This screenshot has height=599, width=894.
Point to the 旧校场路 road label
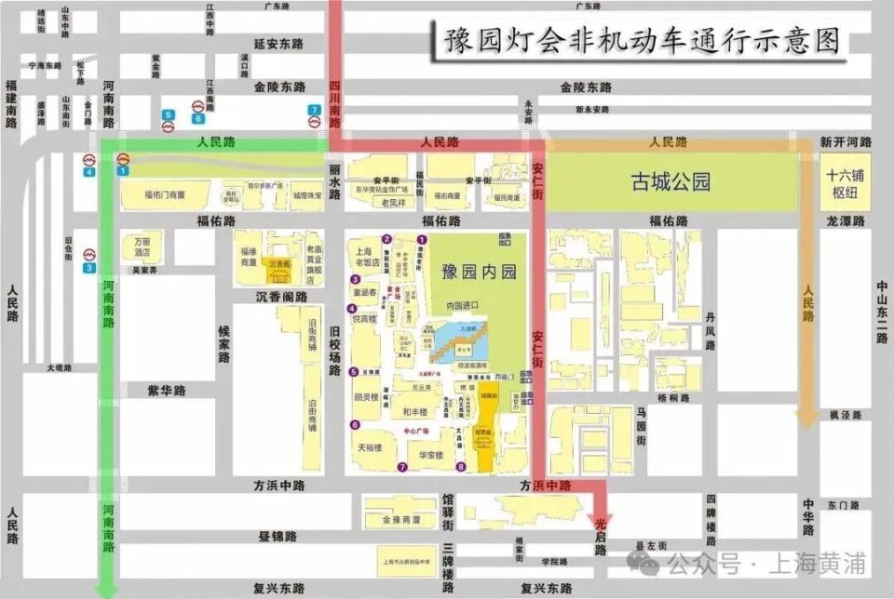[334, 349]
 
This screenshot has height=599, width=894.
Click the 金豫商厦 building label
[403, 521]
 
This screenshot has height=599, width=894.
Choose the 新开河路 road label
[846, 142]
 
